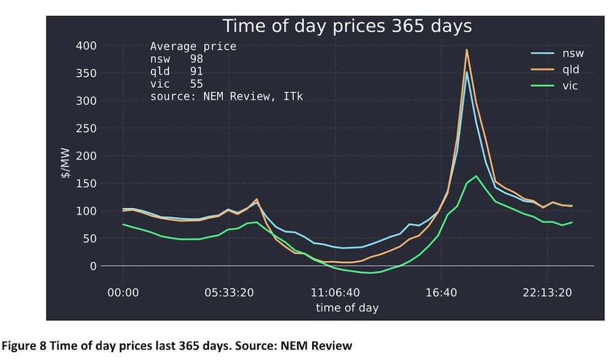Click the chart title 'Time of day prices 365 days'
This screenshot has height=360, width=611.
click(346, 26)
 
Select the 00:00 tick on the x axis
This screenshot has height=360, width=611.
click(123, 293)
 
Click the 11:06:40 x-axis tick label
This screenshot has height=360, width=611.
click(335, 293)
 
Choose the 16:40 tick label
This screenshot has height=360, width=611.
click(441, 293)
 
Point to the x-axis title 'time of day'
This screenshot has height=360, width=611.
click(346, 307)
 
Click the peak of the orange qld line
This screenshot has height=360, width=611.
click(467, 50)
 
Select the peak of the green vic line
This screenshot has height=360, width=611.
click(476, 176)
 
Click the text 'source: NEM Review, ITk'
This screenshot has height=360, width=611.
click(227, 96)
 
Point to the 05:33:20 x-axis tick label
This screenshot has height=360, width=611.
click(229, 293)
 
